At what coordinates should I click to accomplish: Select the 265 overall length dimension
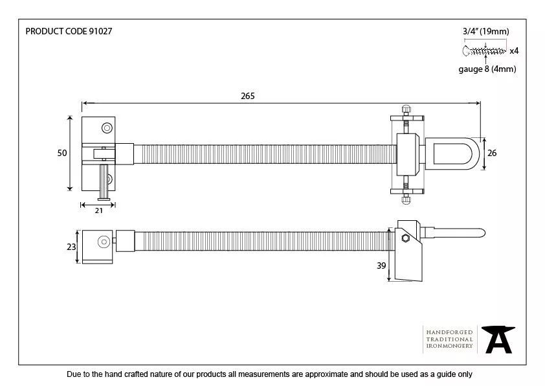pos(247,96)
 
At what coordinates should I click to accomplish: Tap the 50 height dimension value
pos(61,153)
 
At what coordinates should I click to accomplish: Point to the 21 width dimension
pos(98,211)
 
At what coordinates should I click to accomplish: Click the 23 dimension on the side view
pos(71,246)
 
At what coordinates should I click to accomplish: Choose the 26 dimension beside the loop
pos(491,153)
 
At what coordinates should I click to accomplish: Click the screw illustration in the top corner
pos(484,51)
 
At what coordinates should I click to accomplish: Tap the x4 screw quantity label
pos(513,51)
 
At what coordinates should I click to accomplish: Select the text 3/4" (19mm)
pos(485,31)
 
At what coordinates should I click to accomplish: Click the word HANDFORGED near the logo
pos(449,332)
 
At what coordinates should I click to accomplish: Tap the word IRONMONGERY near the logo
pos(449,346)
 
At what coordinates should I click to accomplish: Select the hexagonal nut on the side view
pos(405,238)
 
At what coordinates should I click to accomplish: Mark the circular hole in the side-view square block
pos(102,242)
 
